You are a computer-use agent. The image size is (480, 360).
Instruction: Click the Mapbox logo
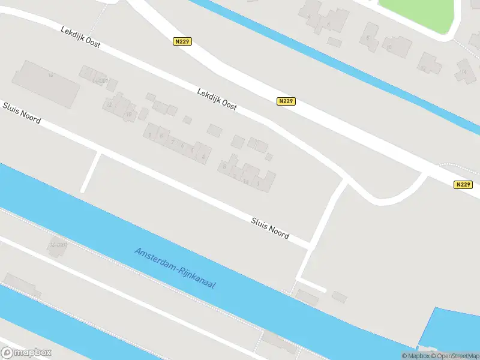pyautogui.click(x=26, y=353)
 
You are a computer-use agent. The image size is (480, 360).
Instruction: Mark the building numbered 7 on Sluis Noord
pyautogui.click(x=173, y=142)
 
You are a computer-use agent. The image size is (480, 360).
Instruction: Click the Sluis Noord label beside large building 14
pyautogui.click(x=22, y=112)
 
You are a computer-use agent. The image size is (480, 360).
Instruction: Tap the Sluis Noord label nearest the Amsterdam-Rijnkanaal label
pyautogui.click(x=270, y=228)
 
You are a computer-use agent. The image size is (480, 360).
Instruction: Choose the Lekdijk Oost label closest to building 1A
pyautogui.click(x=217, y=98)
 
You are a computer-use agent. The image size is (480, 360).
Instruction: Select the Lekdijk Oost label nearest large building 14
pyautogui.click(x=80, y=37)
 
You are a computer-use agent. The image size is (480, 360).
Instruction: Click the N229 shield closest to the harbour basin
pyautogui.click(x=463, y=185)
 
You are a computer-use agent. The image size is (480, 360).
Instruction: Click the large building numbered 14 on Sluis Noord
pyautogui.click(x=48, y=83)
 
